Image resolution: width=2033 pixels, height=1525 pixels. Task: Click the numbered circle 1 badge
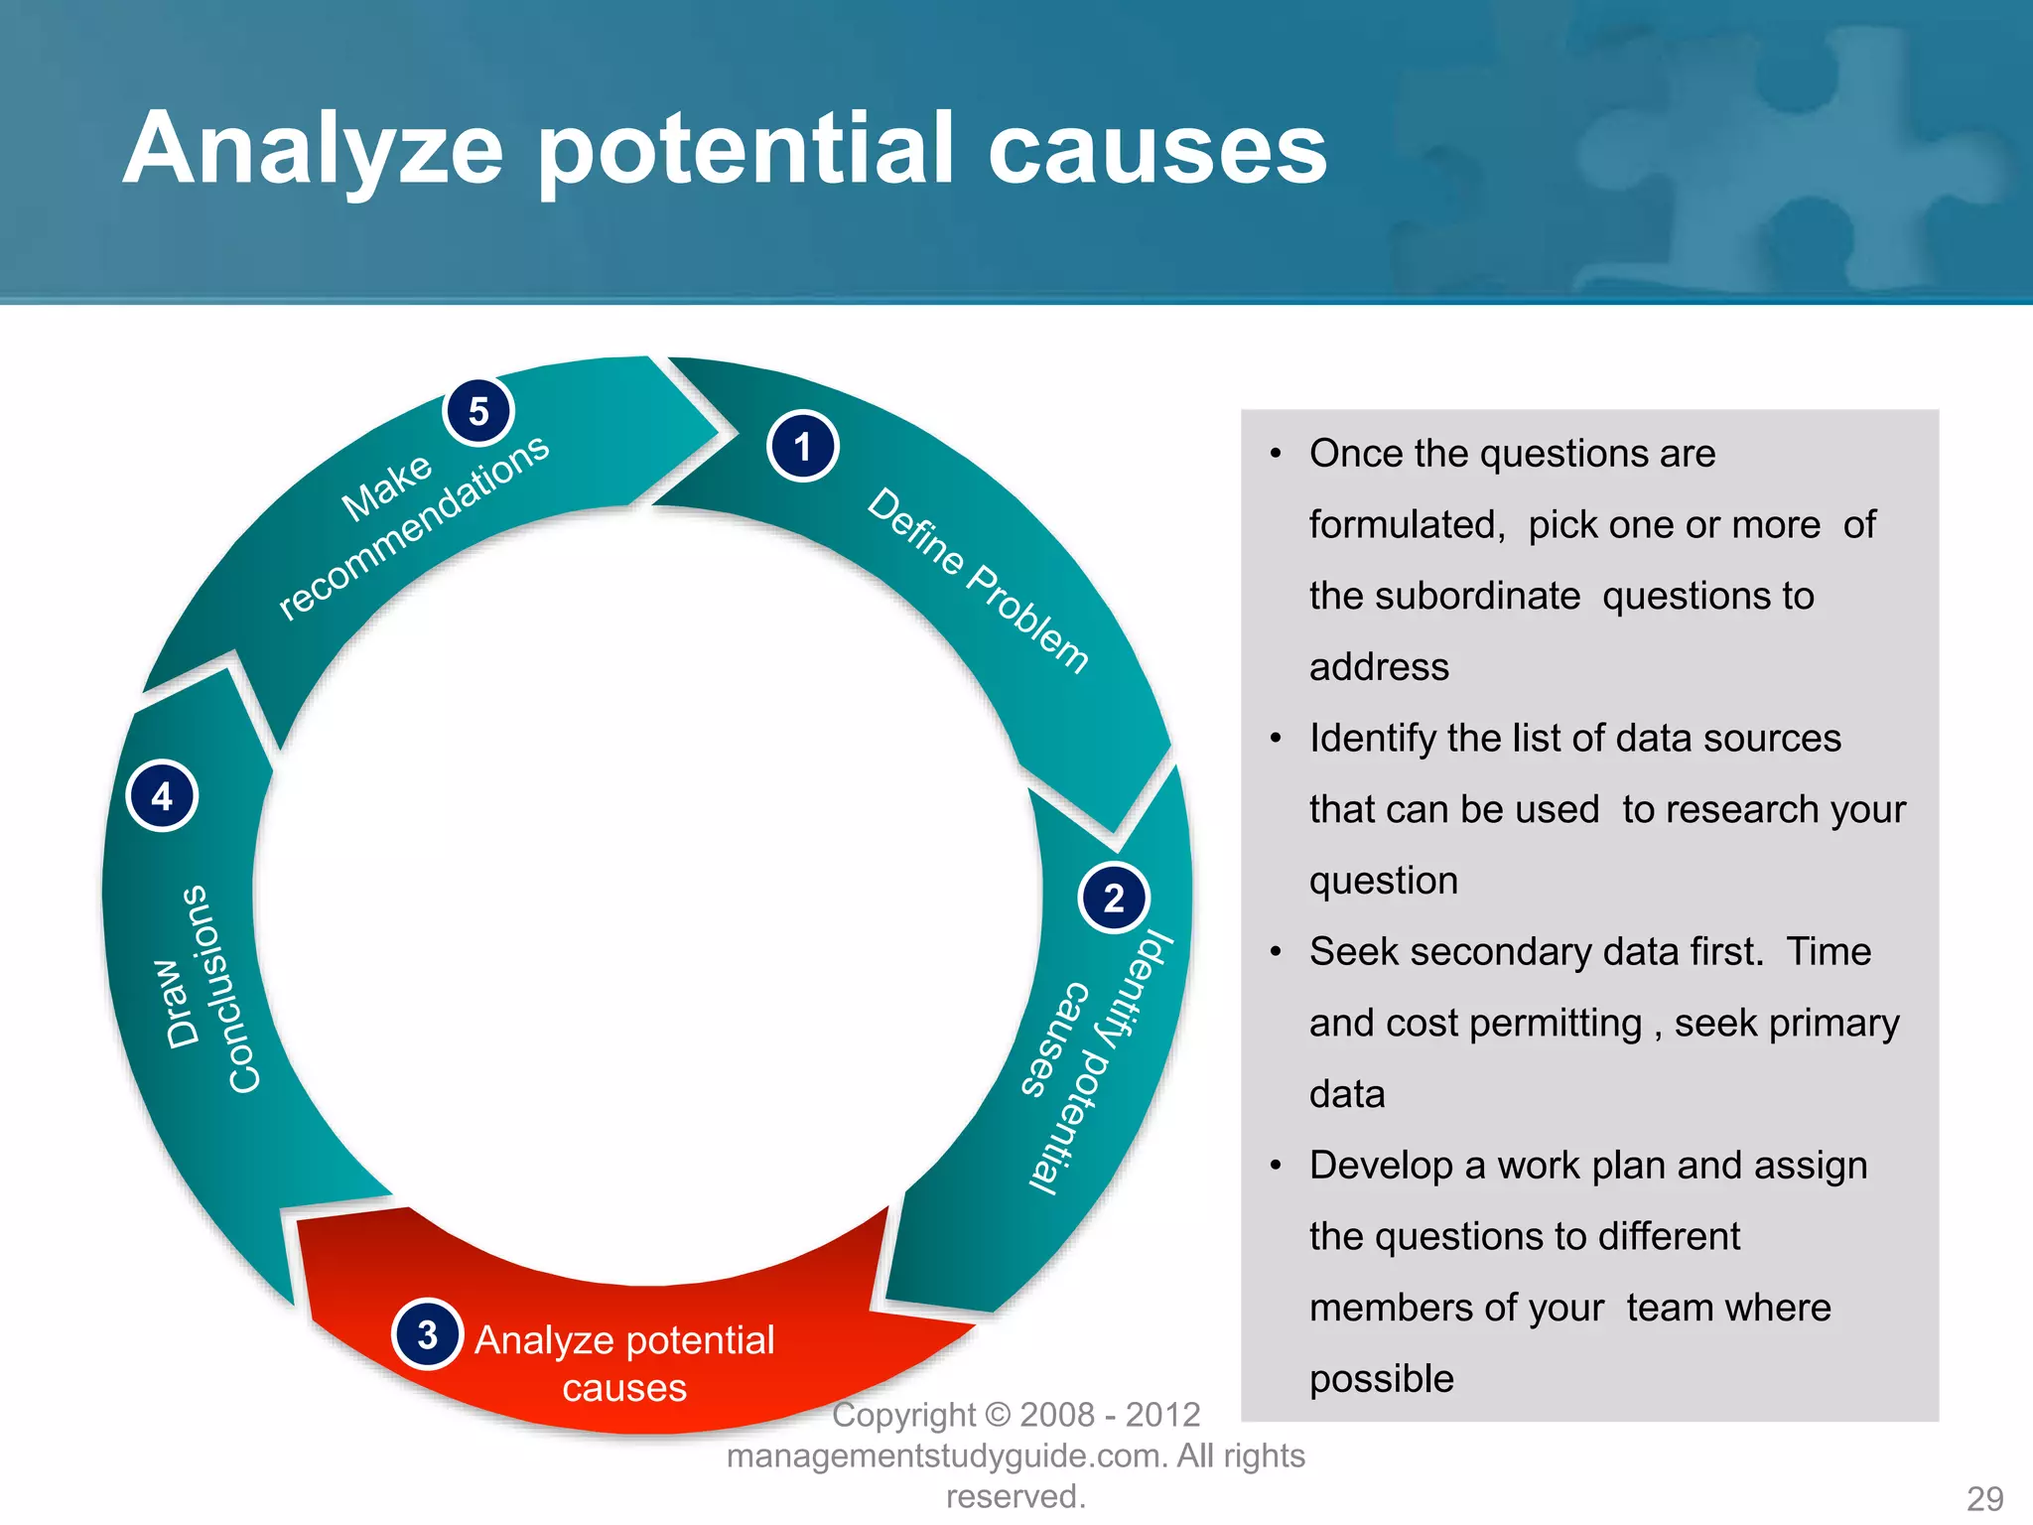802,447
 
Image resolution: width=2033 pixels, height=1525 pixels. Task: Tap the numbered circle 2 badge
1114,899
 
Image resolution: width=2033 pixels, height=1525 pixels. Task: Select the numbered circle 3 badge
428,1334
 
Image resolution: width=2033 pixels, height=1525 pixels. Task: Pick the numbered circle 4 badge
163,796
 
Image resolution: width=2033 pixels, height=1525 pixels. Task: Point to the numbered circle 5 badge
478,411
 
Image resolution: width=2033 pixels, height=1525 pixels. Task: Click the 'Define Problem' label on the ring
978,581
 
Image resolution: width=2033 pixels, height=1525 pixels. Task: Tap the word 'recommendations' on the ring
414,528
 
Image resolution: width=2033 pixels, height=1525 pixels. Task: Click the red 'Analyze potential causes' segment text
624,1362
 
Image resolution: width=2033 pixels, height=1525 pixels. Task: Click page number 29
1984,1498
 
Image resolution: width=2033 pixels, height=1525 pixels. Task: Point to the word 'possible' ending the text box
1381,1379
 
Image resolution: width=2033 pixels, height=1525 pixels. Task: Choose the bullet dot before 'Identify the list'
1277,739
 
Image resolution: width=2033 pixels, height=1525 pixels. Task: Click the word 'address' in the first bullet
1379,667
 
